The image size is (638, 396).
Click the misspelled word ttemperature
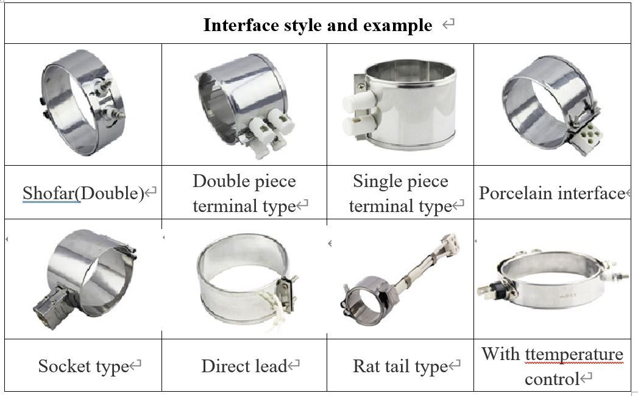point(573,355)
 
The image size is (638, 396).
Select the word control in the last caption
point(551,380)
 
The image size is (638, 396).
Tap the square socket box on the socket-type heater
point(51,307)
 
